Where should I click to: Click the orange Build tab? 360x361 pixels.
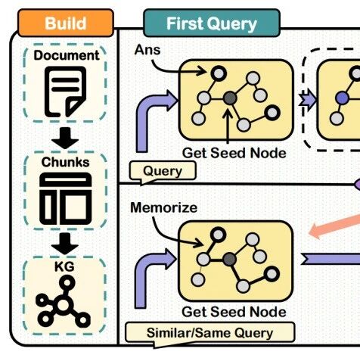click(x=66, y=23)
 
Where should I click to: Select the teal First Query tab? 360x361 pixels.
click(x=212, y=23)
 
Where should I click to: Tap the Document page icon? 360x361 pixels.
click(x=66, y=92)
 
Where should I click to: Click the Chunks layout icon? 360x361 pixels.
click(x=66, y=198)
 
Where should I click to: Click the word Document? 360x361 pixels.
click(x=67, y=55)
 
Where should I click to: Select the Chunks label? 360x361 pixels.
click(x=65, y=162)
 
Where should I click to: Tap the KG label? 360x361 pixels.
click(x=64, y=266)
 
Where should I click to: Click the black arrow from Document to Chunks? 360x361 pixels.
click(x=65, y=138)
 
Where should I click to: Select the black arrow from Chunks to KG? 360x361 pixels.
click(x=65, y=244)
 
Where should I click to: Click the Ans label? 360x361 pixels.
click(x=147, y=50)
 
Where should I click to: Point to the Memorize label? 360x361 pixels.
click(x=164, y=207)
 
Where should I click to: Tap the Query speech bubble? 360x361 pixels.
click(x=163, y=171)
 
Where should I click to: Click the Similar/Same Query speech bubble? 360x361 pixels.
click(x=209, y=333)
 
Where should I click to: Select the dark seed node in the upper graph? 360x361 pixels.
click(x=230, y=98)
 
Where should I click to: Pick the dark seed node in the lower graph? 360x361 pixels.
click(x=229, y=259)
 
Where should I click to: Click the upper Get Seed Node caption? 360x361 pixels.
click(x=234, y=153)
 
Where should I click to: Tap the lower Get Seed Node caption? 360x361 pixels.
click(x=234, y=312)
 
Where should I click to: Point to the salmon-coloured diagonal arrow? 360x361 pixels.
click(x=334, y=225)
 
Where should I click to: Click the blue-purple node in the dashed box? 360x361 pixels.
click(x=342, y=98)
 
